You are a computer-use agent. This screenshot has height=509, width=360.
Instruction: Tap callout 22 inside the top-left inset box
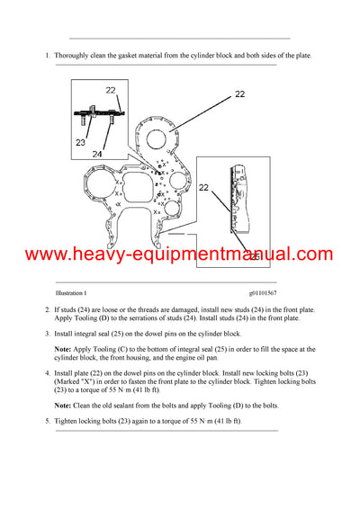(x=110, y=90)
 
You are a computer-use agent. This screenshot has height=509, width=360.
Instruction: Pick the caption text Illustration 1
(x=71, y=293)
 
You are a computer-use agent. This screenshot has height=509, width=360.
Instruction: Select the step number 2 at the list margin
(x=47, y=310)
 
